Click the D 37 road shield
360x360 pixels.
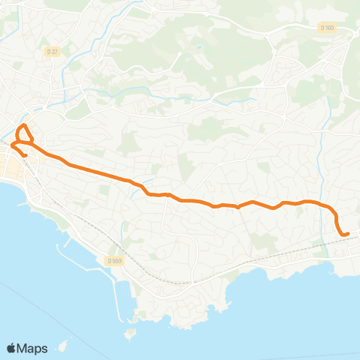tap(52, 51)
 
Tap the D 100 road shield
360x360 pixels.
tap(326, 28)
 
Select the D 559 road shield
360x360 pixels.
tap(114, 261)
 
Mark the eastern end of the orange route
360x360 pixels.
tap(348, 234)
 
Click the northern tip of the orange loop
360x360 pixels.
tap(24, 124)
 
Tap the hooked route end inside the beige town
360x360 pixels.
tap(25, 155)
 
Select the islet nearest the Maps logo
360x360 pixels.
tap(63, 346)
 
